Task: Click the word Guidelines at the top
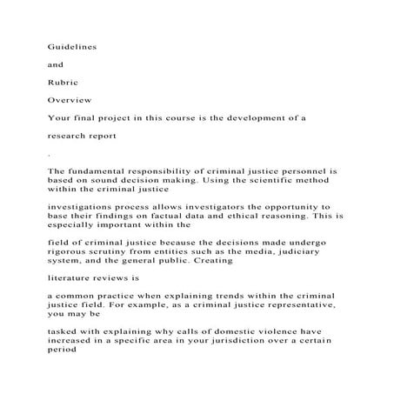click(x=72, y=45)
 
